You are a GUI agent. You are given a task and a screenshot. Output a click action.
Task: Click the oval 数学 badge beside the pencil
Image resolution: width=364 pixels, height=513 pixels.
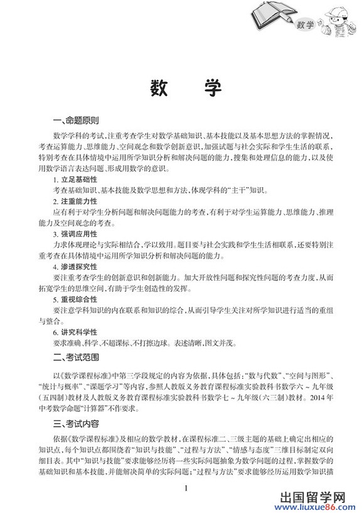click(x=305, y=25)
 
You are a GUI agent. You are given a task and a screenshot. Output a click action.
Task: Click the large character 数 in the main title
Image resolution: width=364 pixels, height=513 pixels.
click(x=159, y=89)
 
